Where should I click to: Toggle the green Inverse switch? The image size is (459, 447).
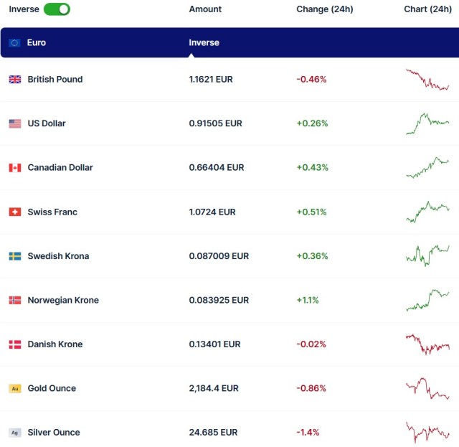pyautogui.click(x=57, y=9)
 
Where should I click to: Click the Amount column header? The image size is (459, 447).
pyautogui.click(x=205, y=9)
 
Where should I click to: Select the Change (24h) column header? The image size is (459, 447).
pyautogui.click(x=324, y=9)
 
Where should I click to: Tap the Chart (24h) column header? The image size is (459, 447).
pyautogui.click(x=427, y=9)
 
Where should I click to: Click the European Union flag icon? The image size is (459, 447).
pyautogui.click(x=14, y=43)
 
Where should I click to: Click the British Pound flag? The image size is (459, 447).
pyautogui.click(x=14, y=80)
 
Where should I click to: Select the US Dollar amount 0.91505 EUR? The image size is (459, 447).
pyautogui.click(x=215, y=123)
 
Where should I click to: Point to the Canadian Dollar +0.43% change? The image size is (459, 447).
pyautogui.click(x=312, y=168)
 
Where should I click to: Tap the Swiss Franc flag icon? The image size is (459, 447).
pyautogui.click(x=14, y=212)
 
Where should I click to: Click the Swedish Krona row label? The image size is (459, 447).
pyautogui.click(x=58, y=256)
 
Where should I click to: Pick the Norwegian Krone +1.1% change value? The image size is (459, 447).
pyautogui.click(x=308, y=301)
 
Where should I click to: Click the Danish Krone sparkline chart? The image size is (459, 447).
pyautogui.click(x=427, y=344)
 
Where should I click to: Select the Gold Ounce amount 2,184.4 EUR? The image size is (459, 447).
pyautogui.click(x=214, y=389)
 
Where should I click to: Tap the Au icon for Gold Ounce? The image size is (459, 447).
pyautogui.click(x=14, y=389)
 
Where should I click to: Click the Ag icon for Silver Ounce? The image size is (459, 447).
pyautogui.click(x=14, y=433)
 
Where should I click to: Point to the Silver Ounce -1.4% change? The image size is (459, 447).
pyautogui.click(x=308, y=433)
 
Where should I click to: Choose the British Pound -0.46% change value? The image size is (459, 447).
pyautogui.click(x=311, y=80)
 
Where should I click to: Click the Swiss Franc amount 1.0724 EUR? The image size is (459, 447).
pyautogui.click(x=212, y=212)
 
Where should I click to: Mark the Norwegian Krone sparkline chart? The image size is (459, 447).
pyautogui.click(x=427, y=300)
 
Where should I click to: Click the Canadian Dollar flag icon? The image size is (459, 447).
pyautogui.click(x=14, y=168)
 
